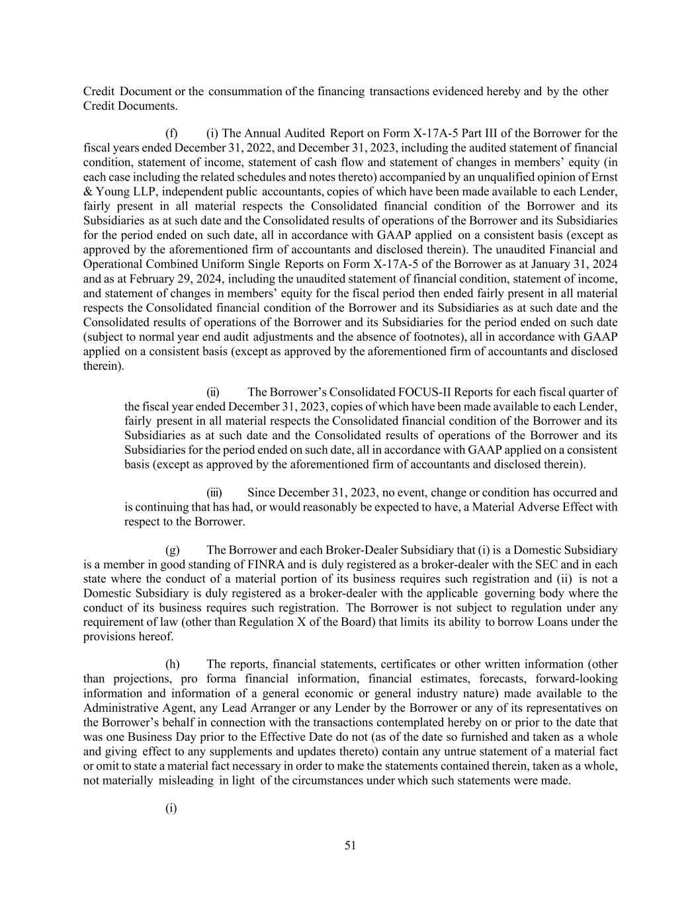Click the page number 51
351,845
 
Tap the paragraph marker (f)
171,134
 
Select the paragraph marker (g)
172,550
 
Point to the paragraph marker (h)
172,664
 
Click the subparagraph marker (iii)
215,493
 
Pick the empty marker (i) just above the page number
171,808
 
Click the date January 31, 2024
577,264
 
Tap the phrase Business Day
159,737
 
